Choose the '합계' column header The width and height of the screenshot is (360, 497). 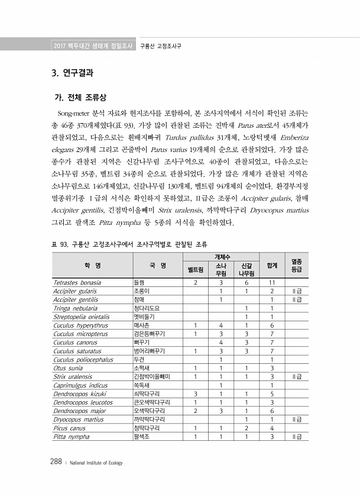[273, 265]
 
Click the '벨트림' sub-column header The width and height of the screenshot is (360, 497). [195, 270]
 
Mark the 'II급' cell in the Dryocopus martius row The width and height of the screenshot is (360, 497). [297, 419]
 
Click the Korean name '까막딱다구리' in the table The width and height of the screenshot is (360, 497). [148, 419]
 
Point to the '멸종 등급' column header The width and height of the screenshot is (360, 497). [297, 265]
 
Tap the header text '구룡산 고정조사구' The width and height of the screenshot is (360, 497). [160, 46]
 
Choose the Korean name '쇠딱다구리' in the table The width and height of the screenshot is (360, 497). [145, 394]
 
